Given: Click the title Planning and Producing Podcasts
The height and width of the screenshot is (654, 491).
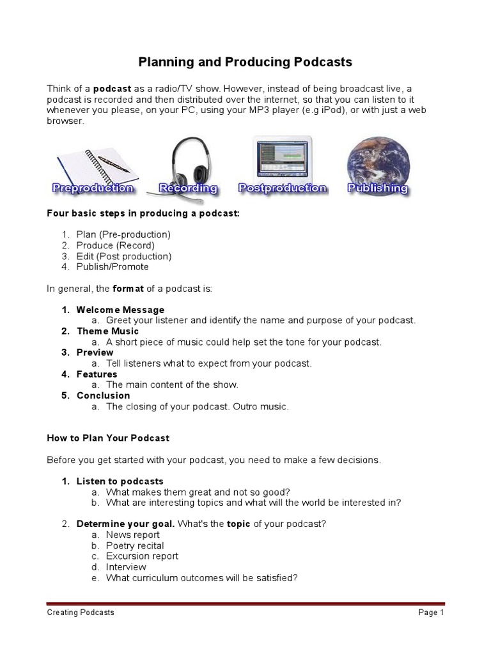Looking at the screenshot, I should [245, 62].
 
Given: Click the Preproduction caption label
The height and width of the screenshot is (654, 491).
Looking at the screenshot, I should [93, 188].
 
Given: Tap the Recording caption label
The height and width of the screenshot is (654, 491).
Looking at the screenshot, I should [188, 188].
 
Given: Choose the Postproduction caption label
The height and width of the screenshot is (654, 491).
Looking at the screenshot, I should [282, 188].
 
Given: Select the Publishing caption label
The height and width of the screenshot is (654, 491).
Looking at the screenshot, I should [377, 188].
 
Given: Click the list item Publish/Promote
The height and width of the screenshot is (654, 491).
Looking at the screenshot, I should [113, 267].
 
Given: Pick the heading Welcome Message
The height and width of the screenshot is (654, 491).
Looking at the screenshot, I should [120, 310].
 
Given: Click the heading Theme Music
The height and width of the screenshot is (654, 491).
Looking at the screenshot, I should [107, 331].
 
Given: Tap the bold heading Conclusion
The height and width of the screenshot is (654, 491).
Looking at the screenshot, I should [103, 395].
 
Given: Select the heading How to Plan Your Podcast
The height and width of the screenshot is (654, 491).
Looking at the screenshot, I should [108, 438].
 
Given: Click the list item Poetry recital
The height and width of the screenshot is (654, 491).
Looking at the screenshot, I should [135, 545].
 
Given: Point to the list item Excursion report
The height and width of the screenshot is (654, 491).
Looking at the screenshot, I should [142, 556].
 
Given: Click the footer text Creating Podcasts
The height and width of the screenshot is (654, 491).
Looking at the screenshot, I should [81, 612].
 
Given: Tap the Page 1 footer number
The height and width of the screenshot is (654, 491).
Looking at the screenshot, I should [431, 612].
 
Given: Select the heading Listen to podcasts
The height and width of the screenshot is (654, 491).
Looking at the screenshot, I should [120, 481].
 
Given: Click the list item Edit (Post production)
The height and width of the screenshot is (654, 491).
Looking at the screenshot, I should [124, 256].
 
